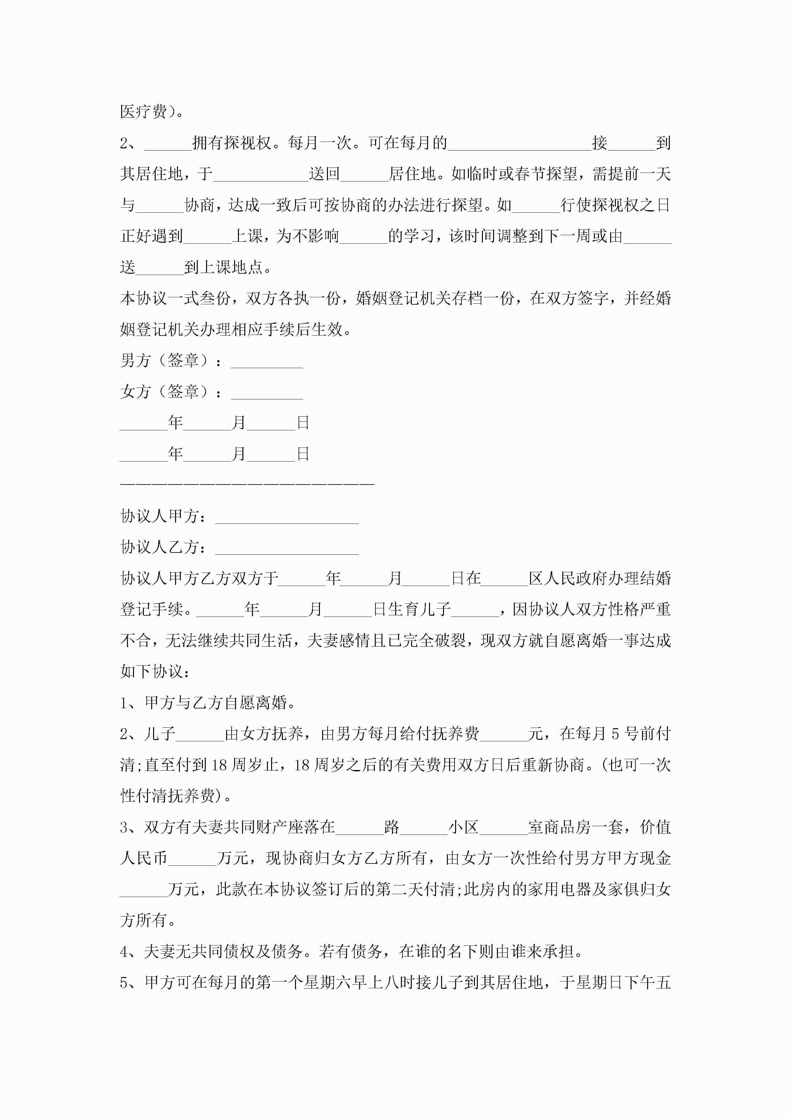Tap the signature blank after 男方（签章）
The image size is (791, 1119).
point(267,362)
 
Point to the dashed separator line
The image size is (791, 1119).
point(247,484)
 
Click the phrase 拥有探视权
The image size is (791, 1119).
point(232,143)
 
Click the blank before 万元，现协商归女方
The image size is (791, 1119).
point(193,859)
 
